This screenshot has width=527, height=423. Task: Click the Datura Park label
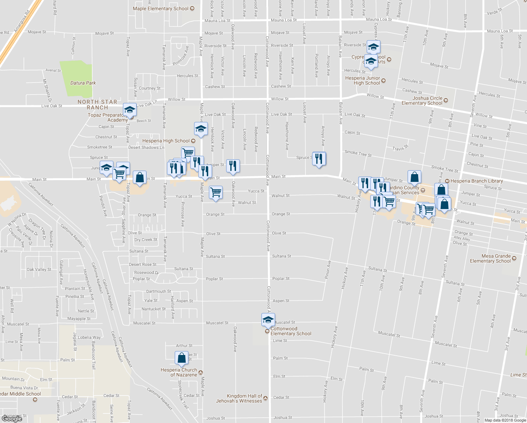point(83,83)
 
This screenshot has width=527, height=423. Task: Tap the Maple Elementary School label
point(161,8)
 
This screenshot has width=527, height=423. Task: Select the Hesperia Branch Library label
point(477,181)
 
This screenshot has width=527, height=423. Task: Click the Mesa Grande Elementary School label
point(490,258)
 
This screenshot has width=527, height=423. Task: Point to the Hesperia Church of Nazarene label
point(179,372)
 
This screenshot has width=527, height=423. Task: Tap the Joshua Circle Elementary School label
point(422,100)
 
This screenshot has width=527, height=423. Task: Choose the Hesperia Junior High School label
point(363,80)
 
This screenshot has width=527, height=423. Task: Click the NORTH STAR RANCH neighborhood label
point(97,104)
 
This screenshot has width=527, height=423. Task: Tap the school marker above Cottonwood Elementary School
point(268,320)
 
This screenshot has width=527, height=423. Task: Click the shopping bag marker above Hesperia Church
point(181,357)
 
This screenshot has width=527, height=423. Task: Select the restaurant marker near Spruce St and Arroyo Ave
point(319,159)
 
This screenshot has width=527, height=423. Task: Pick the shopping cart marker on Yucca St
point(216,192)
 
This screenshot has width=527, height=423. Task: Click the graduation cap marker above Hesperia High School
point(201,129)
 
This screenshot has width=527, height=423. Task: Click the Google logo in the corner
point(12,418)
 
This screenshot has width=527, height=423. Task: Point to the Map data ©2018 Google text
point(505,420)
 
